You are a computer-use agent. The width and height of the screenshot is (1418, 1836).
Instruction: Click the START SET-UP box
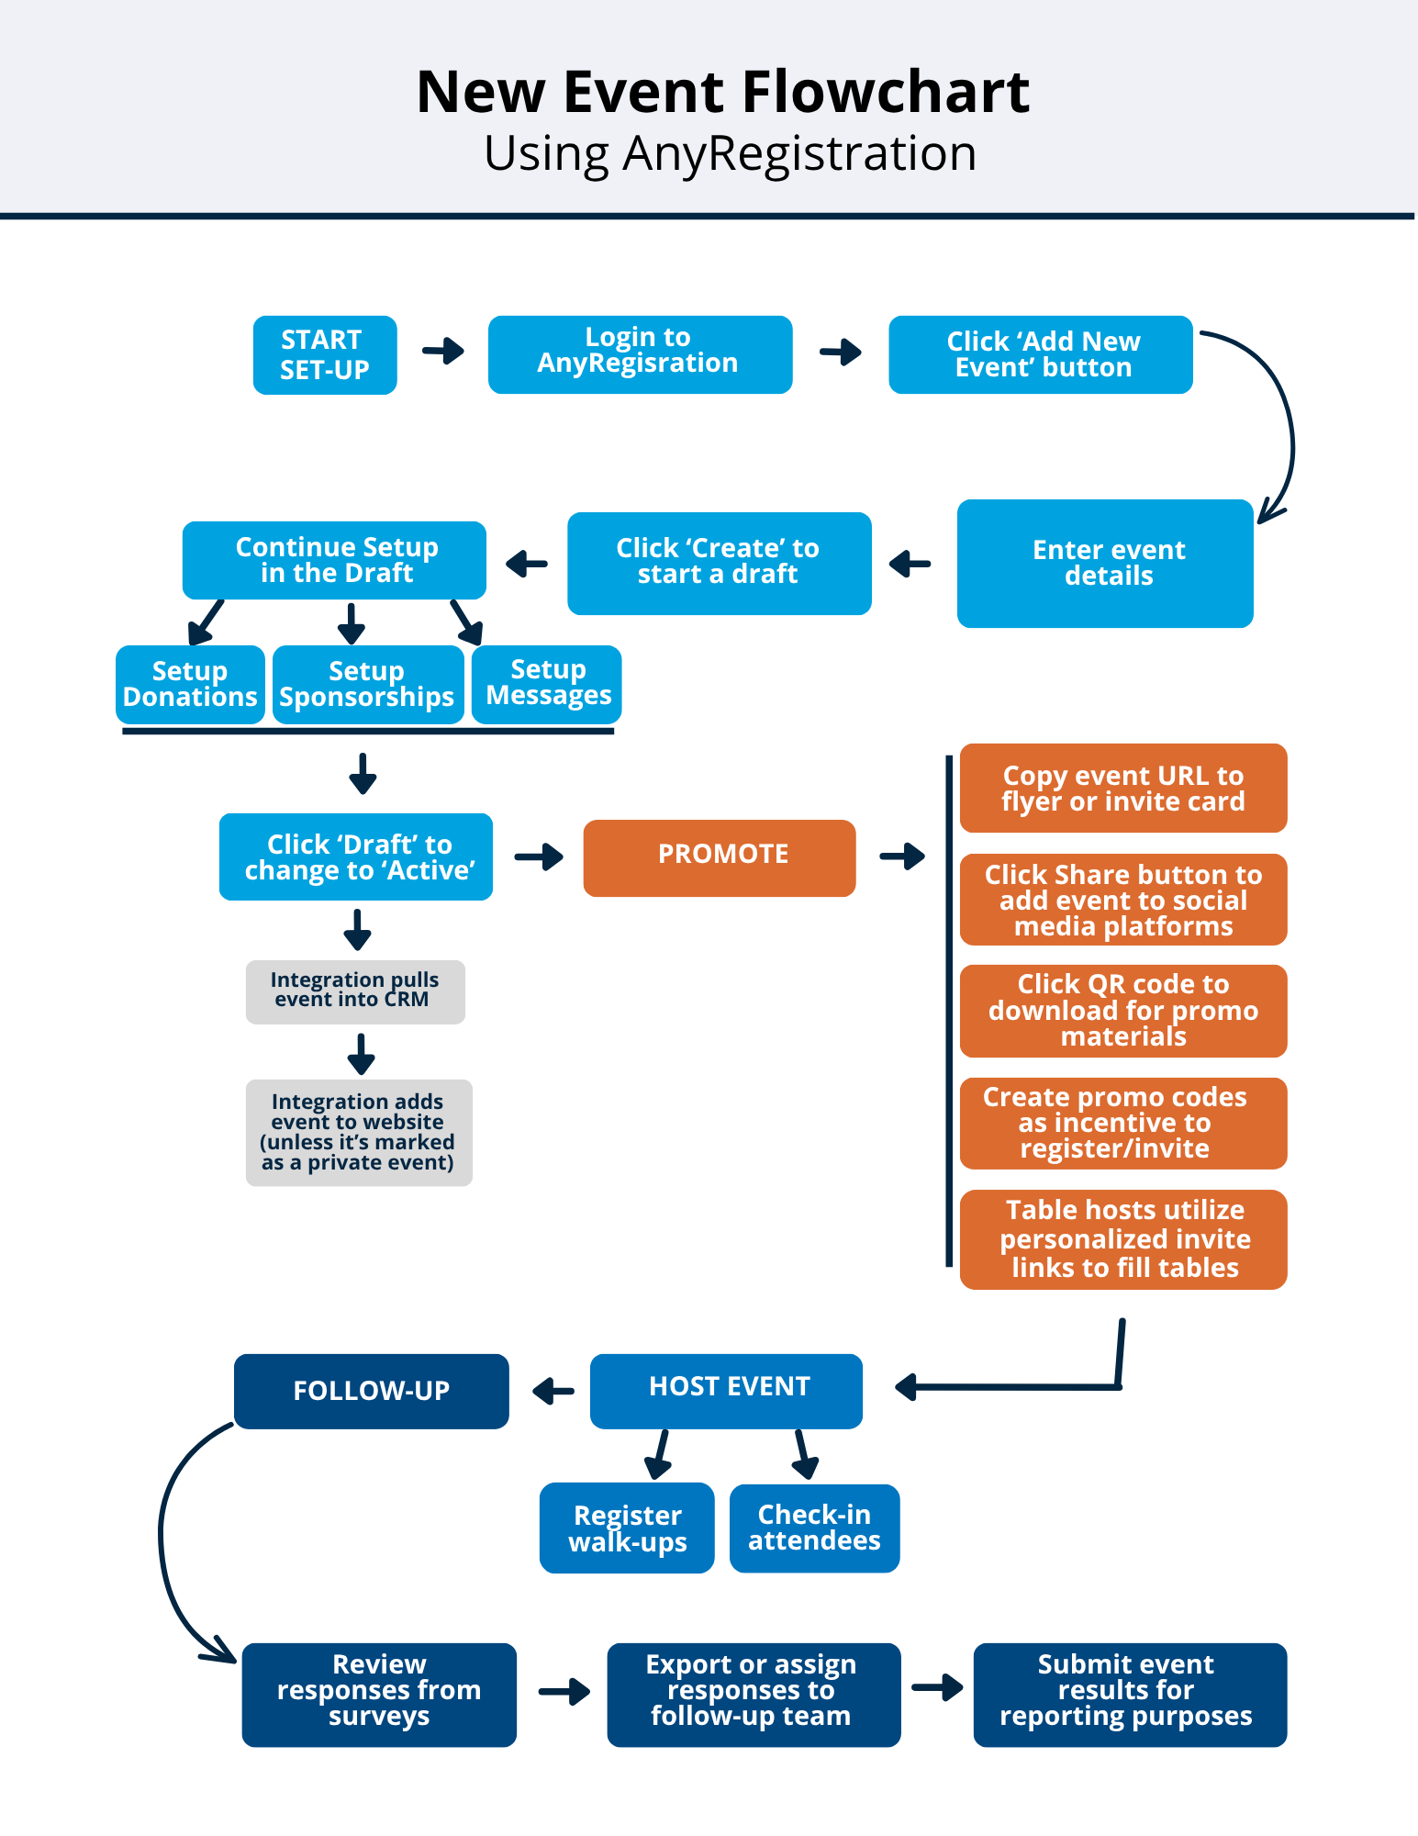[x=325, y=355]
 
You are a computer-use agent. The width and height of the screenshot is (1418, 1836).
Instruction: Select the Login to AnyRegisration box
[x=640, y=355]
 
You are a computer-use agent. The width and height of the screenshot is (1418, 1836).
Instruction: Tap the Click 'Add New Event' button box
[x=1040, y=355]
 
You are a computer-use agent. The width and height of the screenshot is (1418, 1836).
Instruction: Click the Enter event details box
[x=1104, y=564]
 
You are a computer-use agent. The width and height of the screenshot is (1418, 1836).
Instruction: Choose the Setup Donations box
[x=190, y=685]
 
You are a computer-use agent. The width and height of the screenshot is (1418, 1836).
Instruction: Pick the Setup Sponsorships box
[x=367, y=685]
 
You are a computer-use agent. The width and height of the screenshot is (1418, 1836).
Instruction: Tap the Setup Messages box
[x=547, y=684]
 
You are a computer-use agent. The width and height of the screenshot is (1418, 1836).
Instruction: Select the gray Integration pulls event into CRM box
[x=355, y=991]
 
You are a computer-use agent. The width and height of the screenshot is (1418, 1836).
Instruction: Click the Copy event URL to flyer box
[x=1122, y=788]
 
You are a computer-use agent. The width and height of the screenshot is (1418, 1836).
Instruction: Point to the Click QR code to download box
[x=1122, y=1011]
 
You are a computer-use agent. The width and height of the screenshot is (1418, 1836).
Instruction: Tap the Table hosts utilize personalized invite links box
[x=1122, y=1239]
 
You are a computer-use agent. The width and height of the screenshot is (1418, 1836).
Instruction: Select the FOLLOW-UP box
[x=371, y=1391]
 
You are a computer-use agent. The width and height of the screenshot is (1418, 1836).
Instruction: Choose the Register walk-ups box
[x=627, y=1528]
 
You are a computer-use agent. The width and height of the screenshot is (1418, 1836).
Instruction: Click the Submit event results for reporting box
[x=1129, y=1694]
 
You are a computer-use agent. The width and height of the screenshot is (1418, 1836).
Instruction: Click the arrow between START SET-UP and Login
[x=443, y=351]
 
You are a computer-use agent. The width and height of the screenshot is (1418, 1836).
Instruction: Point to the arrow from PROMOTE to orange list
[x=902, y=856]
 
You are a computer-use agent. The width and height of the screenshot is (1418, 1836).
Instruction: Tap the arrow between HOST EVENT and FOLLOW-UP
[x=553, y=1391]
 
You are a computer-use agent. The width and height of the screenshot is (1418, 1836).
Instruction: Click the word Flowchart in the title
[x=885, y=93]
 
